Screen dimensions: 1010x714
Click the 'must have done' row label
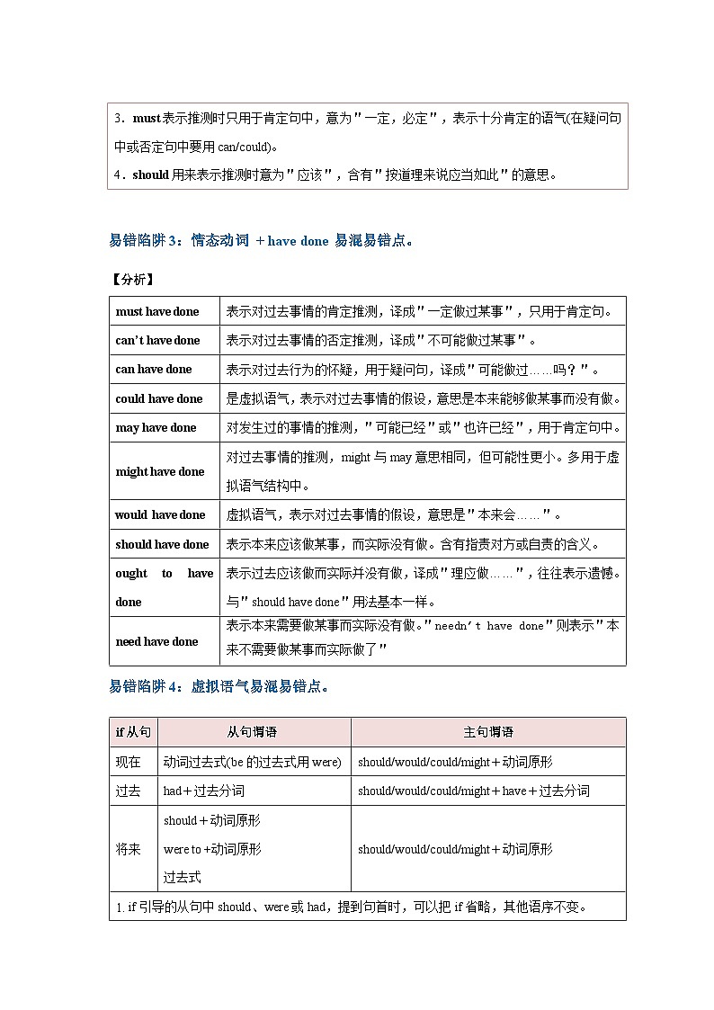coord(157,312)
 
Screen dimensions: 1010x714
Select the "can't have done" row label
coord(157,341)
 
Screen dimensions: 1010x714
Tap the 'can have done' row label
coord(154,370)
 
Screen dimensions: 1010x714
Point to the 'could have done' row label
coord(159,398)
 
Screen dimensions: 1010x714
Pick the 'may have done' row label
coord(156,428)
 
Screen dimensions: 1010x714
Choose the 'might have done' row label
coord(160,471)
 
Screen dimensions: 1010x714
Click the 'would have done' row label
coord(160,515)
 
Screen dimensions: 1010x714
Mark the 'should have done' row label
coord(162,544)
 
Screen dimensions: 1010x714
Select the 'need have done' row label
coord(156,641)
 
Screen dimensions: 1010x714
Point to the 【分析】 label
coord(131,279)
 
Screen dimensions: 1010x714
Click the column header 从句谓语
coord(253,732)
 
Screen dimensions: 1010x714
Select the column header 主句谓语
coord(488,732)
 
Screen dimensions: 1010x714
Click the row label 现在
coord(129,762)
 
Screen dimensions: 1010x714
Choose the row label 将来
coord(129,849)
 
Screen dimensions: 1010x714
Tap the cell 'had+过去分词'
coord(204,791)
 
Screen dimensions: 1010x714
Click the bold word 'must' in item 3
coord(147,119)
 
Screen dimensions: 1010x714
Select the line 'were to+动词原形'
coord(212,849)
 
